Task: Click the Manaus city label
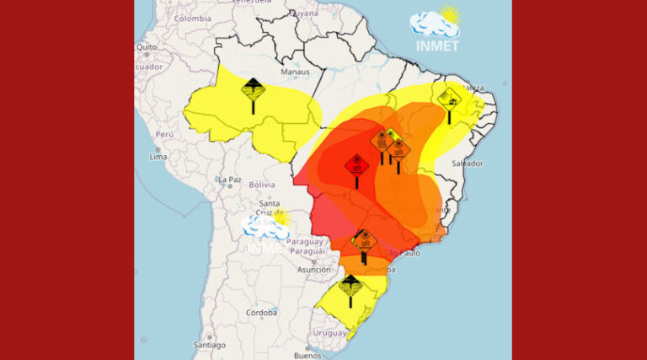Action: click(x=296, y=73)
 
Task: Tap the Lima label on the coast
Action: click(x=158, y=157)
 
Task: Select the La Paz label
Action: click(x=230, y=180)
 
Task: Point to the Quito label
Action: click(x=147, y=46)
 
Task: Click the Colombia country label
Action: click(x=193, y=19)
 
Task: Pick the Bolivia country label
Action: click(x=261, y=185)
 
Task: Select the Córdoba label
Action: click(x=261, y=312)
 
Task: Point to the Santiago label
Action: click(x=209, y=345)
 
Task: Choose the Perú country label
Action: click(x=163, y=134)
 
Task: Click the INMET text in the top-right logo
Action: click(x=438, y=46)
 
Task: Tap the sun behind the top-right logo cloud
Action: click(x=452, y=14)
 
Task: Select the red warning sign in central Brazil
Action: click(x=356, y=165)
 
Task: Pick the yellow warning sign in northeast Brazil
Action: click(x=449, y=98)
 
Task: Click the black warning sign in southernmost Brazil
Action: click(x=350, y=287)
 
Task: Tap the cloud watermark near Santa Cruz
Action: click(x=265, y=225)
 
